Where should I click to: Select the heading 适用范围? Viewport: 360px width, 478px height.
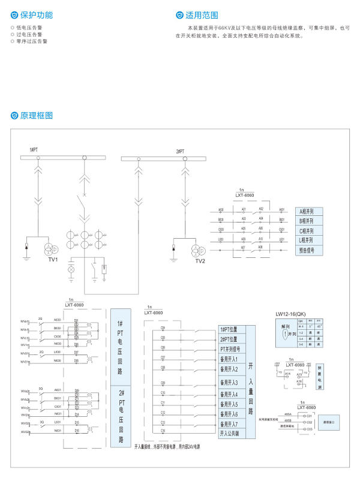202,14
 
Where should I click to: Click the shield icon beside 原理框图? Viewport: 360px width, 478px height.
15,115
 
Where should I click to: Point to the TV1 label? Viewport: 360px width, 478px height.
53,260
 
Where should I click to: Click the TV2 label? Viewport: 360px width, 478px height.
200,261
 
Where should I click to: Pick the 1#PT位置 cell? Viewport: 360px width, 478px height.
229,329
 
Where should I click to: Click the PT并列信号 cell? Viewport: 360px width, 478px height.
230,348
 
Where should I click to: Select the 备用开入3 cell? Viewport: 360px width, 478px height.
229,382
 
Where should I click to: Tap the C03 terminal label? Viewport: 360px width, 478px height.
310,429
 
